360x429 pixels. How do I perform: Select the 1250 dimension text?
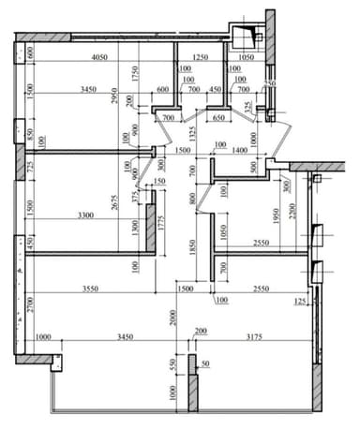point(200,57)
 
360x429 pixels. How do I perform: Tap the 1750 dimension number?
point(137,74)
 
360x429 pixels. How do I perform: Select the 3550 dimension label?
point(90,288)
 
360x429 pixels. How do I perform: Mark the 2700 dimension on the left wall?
point(30,303)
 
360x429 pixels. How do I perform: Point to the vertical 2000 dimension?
point(175,318)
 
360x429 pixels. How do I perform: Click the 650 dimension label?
point(218,119)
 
